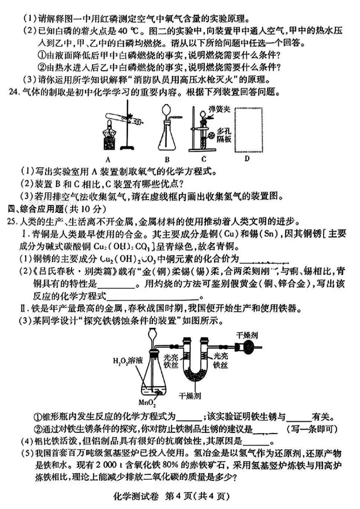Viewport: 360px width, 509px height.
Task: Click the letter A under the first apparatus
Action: coord(108,160)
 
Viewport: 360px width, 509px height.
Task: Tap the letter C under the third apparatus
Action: coord(204,159)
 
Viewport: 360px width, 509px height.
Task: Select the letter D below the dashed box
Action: coord(247,158)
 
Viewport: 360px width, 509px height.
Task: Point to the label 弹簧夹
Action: coord(219,109)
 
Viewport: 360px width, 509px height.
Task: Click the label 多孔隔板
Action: coord(224,135)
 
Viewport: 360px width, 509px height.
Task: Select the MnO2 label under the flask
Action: coord(147,403)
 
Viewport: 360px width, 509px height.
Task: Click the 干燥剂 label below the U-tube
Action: coord(190,396)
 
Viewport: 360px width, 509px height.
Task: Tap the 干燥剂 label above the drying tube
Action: coord(247,335)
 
